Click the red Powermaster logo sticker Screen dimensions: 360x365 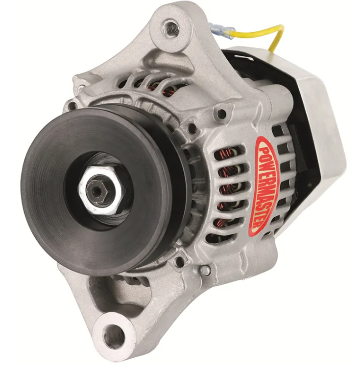pyautogui.click(x=264, y=186)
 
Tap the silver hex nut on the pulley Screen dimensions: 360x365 pyautogui.click(x=101, y=190)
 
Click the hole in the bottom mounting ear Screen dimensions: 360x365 pyautogui.click(x=114, y=336)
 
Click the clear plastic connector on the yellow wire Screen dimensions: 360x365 pyautogui.click(x=221, y=31)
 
